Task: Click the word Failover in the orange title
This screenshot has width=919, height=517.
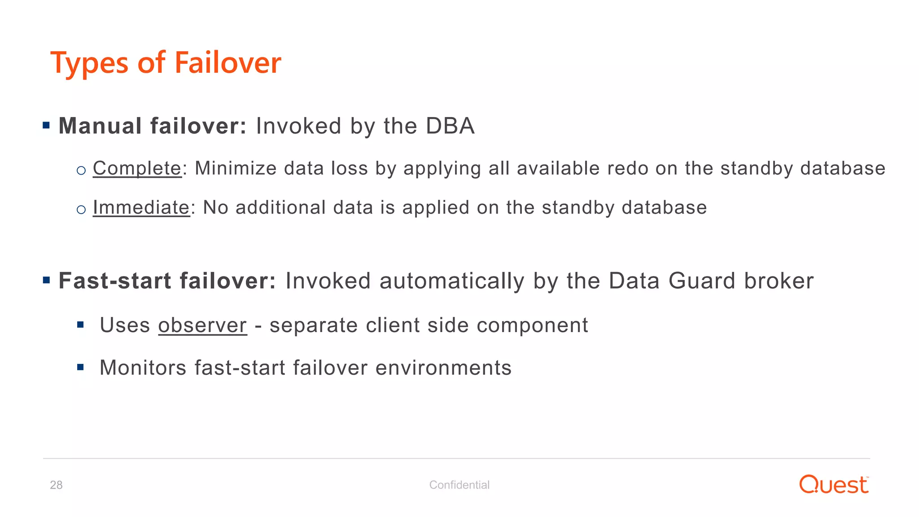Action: coord(228,63)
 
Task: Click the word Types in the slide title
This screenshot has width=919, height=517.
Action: coord(89,64)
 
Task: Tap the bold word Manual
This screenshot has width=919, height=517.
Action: coord(100,126)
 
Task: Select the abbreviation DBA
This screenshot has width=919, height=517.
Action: coord(450,126)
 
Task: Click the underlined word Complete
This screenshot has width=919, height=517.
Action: coord(137,169)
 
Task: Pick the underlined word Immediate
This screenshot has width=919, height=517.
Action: coord(141,208)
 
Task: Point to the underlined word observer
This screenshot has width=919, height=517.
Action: coord(202,325)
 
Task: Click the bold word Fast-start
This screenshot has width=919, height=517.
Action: coord(115,281)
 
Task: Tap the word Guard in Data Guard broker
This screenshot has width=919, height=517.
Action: coord(701,281)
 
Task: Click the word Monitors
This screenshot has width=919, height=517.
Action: coord(143,368)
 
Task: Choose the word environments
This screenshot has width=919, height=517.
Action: coord(443,368)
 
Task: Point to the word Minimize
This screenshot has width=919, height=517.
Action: coord(236,169)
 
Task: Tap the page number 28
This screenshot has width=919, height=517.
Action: coord(56,485)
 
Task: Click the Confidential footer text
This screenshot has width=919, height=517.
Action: coord(459,485)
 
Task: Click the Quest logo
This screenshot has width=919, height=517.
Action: coord(834,485)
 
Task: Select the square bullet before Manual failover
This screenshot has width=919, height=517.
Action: coord(46,125)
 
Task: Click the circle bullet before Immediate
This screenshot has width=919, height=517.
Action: coord(81,210)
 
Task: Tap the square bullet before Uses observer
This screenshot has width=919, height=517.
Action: coord(81,325)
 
